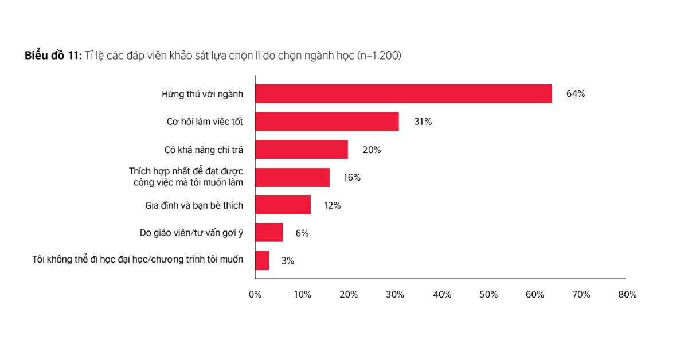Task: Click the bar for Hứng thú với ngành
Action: click(403, 94)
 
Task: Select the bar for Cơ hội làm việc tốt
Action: click(327, 122)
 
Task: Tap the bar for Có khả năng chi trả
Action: click(302, 150)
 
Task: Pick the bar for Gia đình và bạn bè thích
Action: click(283, 205)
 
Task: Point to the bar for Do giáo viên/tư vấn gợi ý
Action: click(269, 233)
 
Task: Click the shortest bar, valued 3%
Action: click(262, 260)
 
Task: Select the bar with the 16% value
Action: click(292, 178)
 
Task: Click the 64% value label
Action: click(575, 94)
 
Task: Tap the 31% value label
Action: click(423, 122)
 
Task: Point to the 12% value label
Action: click(332, 205)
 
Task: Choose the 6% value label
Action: click(302, 233)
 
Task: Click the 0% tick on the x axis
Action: click(255, 295)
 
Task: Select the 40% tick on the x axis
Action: click(442, 295)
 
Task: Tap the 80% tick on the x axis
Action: click(628, 295)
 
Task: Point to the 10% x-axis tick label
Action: click(302, 295)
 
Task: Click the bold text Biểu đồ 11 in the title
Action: click(53, 56)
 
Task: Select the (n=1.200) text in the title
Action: click(379, 56)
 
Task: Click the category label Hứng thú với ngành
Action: click(202, 94)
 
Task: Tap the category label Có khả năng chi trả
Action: click(204, 150)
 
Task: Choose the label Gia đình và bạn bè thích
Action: click(194, 205)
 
